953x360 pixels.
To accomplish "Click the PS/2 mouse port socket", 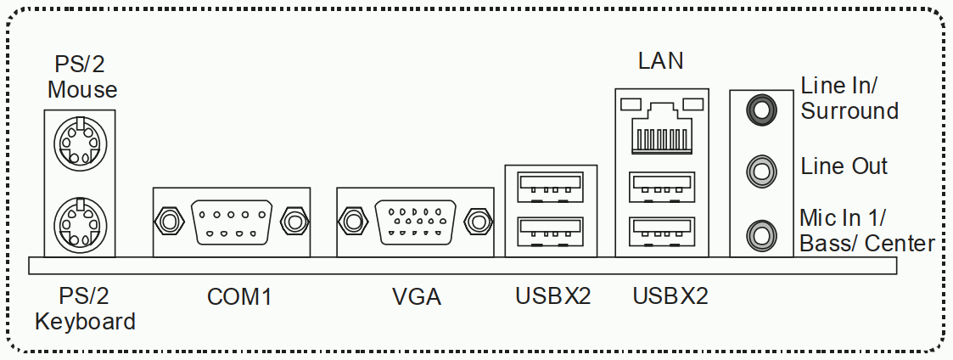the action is pyautogui.click(x=80, y=143).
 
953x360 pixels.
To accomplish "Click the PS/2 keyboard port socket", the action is pyautogui.click(x=80, y=222).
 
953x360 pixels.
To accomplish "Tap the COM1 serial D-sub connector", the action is pyautogui.click(x=232, y=222).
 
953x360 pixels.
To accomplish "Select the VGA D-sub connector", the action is pyautogui.click(x=416, y=222).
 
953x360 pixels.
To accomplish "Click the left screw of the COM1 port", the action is pyautogui.click(x=170, y=221).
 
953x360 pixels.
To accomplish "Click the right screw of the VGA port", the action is pyautogui.click(x=478, y=221).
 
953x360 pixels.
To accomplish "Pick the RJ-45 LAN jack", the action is pyautogui.click(x=661, y=126).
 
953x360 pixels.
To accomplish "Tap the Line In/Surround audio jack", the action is pyautogui.click(x=761, y=110).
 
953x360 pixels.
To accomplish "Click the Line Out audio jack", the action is pyautogui.click(x=761, y=171).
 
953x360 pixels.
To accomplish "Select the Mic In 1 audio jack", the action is pyautogui.click(x=761, y=234).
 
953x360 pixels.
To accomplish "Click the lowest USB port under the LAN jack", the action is pyautogui.click(x=661, y=233).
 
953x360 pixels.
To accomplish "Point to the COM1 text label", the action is pyautogui.click(x=239, y=297).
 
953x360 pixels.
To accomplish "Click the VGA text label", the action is pyautogui.click(x=417, y=297).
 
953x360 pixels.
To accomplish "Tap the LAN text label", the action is pyautogui.click(x=661, y=61).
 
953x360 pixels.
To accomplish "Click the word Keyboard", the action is pyautogui.click(x=85, y=322).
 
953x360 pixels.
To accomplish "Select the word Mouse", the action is pyautogui.click(x=82, y=89).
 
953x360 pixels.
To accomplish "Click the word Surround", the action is pyautogui.click(x=849, y=110).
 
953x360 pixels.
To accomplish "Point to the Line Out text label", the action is pyautogui.click(x=844, y=166).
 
